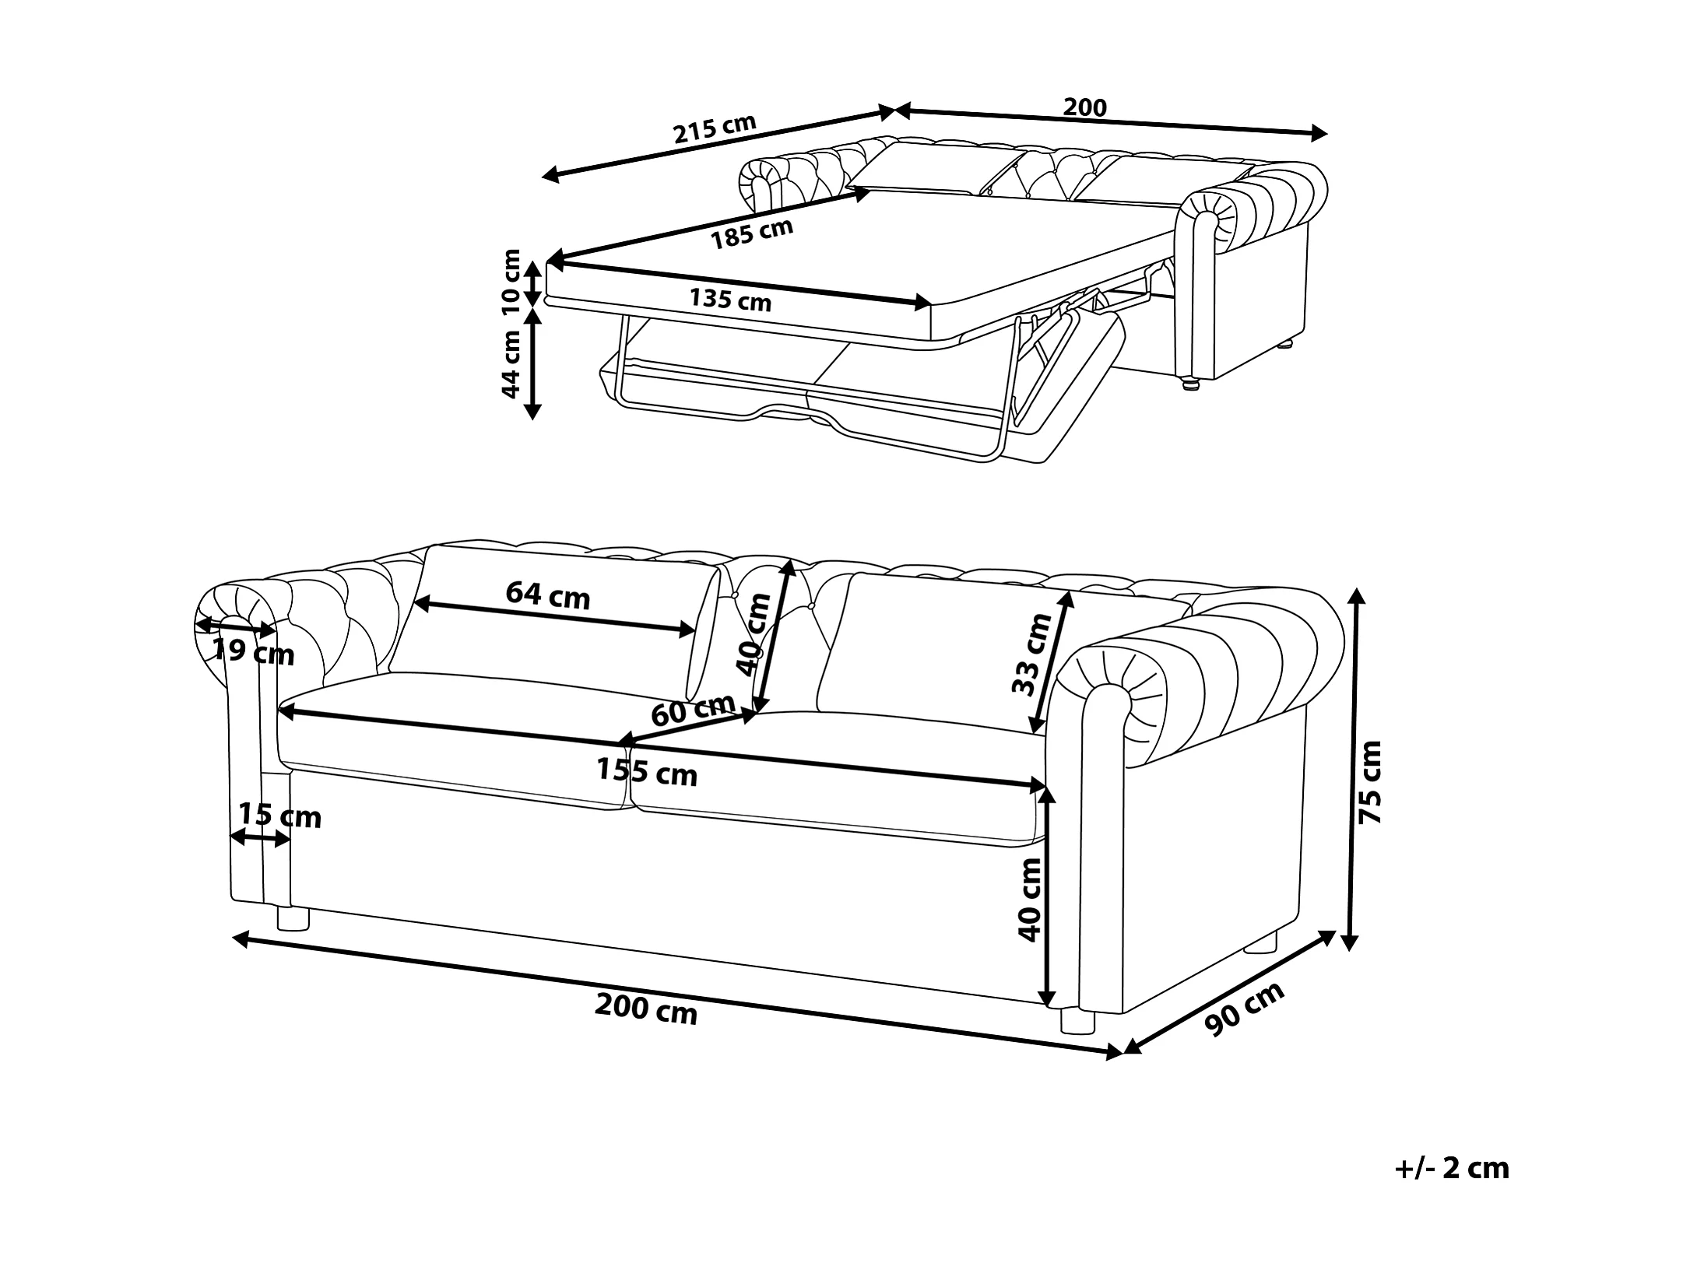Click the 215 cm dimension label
point(715,129)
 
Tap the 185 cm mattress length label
point(752,233)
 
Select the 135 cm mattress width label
point(730,300)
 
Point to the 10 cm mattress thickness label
point(511,281)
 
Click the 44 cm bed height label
point(511,363)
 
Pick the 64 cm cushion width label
point(548,596)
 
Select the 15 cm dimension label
point(279,816)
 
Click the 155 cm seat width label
point(647,772)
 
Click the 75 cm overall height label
point(1369,781)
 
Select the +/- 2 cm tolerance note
point(1451,1190)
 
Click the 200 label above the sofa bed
point(1085,107)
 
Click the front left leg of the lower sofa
point(293,919)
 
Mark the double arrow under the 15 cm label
point(260,838)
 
